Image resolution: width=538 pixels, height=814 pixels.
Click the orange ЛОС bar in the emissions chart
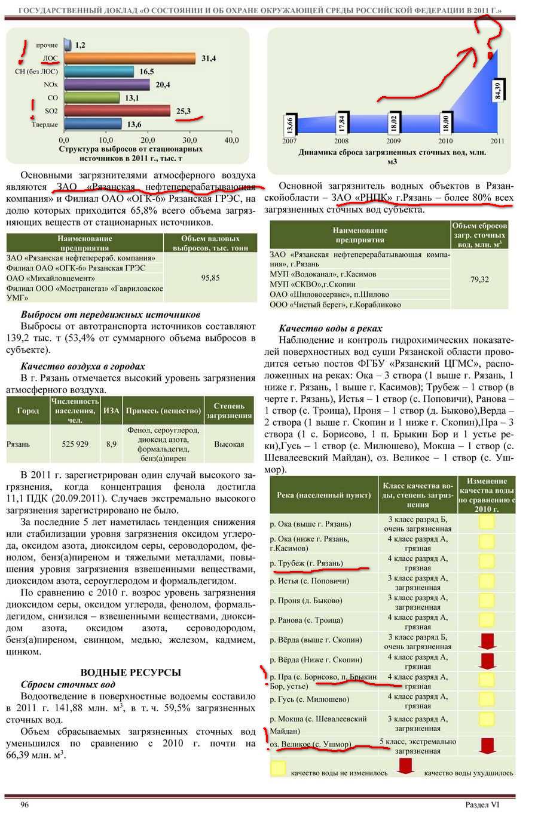coord(129,59)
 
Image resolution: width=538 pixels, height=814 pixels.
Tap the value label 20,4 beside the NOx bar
coord(163,85)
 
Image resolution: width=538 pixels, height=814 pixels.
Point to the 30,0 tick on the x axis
coord(189,140)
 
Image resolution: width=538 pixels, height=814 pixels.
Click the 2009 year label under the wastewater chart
coord(393,141)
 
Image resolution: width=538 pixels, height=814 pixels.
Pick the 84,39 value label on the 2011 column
coord(497,91)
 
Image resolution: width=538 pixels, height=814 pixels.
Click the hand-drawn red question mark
coord(490,33)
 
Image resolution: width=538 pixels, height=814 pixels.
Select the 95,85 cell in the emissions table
coord(210,278)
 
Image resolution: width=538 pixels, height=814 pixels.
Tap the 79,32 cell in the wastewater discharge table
coord(479,279)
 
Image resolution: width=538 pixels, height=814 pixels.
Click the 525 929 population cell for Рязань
coord(75,444)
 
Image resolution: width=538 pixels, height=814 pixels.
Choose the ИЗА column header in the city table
coord(111,411)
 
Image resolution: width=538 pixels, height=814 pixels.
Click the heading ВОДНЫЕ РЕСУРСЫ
coord(131,672)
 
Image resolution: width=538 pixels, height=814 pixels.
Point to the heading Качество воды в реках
coord(330,328)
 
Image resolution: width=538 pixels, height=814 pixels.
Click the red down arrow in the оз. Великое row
coord(488,745)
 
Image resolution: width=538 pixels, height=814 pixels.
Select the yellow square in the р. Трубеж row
coord(487,563)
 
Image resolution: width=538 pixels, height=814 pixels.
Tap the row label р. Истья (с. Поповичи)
coord(309,581)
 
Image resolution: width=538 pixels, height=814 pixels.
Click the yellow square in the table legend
coord(278,768)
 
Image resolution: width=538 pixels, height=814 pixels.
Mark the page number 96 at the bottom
coord(25,804)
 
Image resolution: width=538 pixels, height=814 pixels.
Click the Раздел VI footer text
coord(482,804)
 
